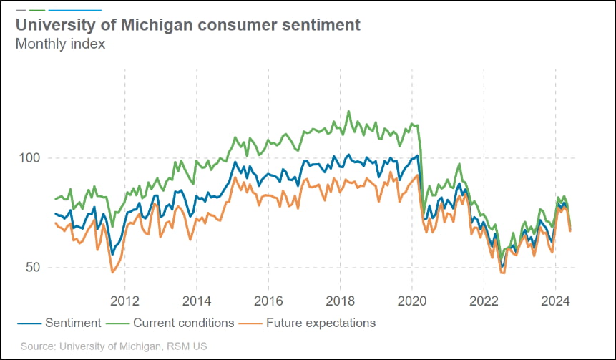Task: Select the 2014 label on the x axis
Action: click(x=196, y=299)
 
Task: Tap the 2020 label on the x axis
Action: click(x=413, y=299)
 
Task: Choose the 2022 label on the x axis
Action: click(x=484, y=299)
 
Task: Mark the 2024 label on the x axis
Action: click(x=557, y=299)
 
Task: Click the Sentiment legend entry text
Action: click(x=72, y=323)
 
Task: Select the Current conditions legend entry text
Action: click(x=184, y=323)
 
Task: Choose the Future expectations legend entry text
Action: click(x=321, y=323)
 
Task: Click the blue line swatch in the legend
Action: click(x=28, y=323)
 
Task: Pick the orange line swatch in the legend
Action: click(x=252, y=323)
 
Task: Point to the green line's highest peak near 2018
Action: click(x=348, y=111)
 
